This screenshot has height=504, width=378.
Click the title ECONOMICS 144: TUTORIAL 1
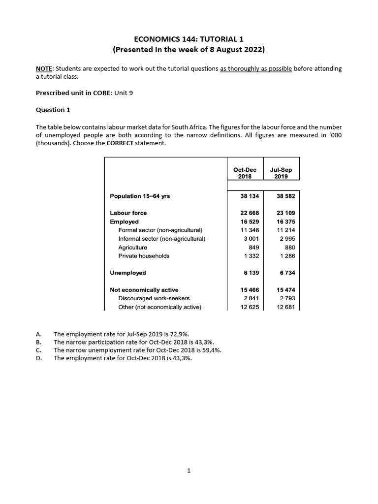click(189, 39)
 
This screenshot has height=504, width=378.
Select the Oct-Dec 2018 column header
click(245, 173)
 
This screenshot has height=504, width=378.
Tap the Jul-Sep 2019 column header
click(281, 173)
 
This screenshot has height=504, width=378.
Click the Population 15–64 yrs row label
click(140, 196)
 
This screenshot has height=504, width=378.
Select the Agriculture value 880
click(290, 248)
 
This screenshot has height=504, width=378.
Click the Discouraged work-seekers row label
click(154, 299)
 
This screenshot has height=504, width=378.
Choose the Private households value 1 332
click(251, 256)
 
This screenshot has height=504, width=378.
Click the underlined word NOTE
click(44, 68)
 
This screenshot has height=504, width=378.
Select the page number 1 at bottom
click(189, 471)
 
